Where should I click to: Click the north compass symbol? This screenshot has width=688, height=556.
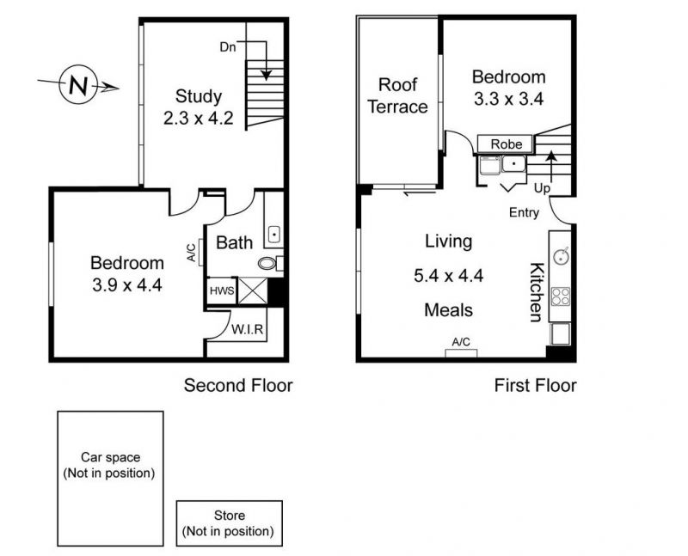pyautogui.click(x=77, y=85)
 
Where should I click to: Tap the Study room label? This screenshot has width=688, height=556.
pyautogui.click(x=199, y=95)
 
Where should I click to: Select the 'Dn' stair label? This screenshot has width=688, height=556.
pyautogui.click(x=227, y=47)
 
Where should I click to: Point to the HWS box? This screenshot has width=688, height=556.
pyautogui.click(x=221, y=291)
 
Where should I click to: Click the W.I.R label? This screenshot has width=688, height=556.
pyautogui.click(x=247, y=329)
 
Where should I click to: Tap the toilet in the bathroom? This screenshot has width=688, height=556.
pyautogui.click(x=268, y=263)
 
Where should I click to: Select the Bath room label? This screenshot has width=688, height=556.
pyautogui.click(x=234, y=243)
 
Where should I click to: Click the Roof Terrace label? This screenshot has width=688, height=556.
pyautogui.click(x=397, y=95)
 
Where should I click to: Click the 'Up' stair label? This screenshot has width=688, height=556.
pyautogui.click(x=542, y=187)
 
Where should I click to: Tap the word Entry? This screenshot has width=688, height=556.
pyautogui.click(x=525, y=213)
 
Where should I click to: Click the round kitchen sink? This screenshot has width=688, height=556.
pyautogui.click(x=561, y=254)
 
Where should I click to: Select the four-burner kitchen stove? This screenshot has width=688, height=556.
pyautogui.click(x=561, y=296)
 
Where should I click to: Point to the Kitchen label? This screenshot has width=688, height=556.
pyautogui.click(x=534, y=292)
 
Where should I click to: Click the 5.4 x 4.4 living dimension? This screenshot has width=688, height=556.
pyautogui.click(x=448, y=276)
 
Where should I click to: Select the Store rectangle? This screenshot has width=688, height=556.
pyautogui.click(x=229, y=523)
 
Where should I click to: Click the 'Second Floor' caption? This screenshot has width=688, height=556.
pyautogui.click(x=238, y=385)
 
